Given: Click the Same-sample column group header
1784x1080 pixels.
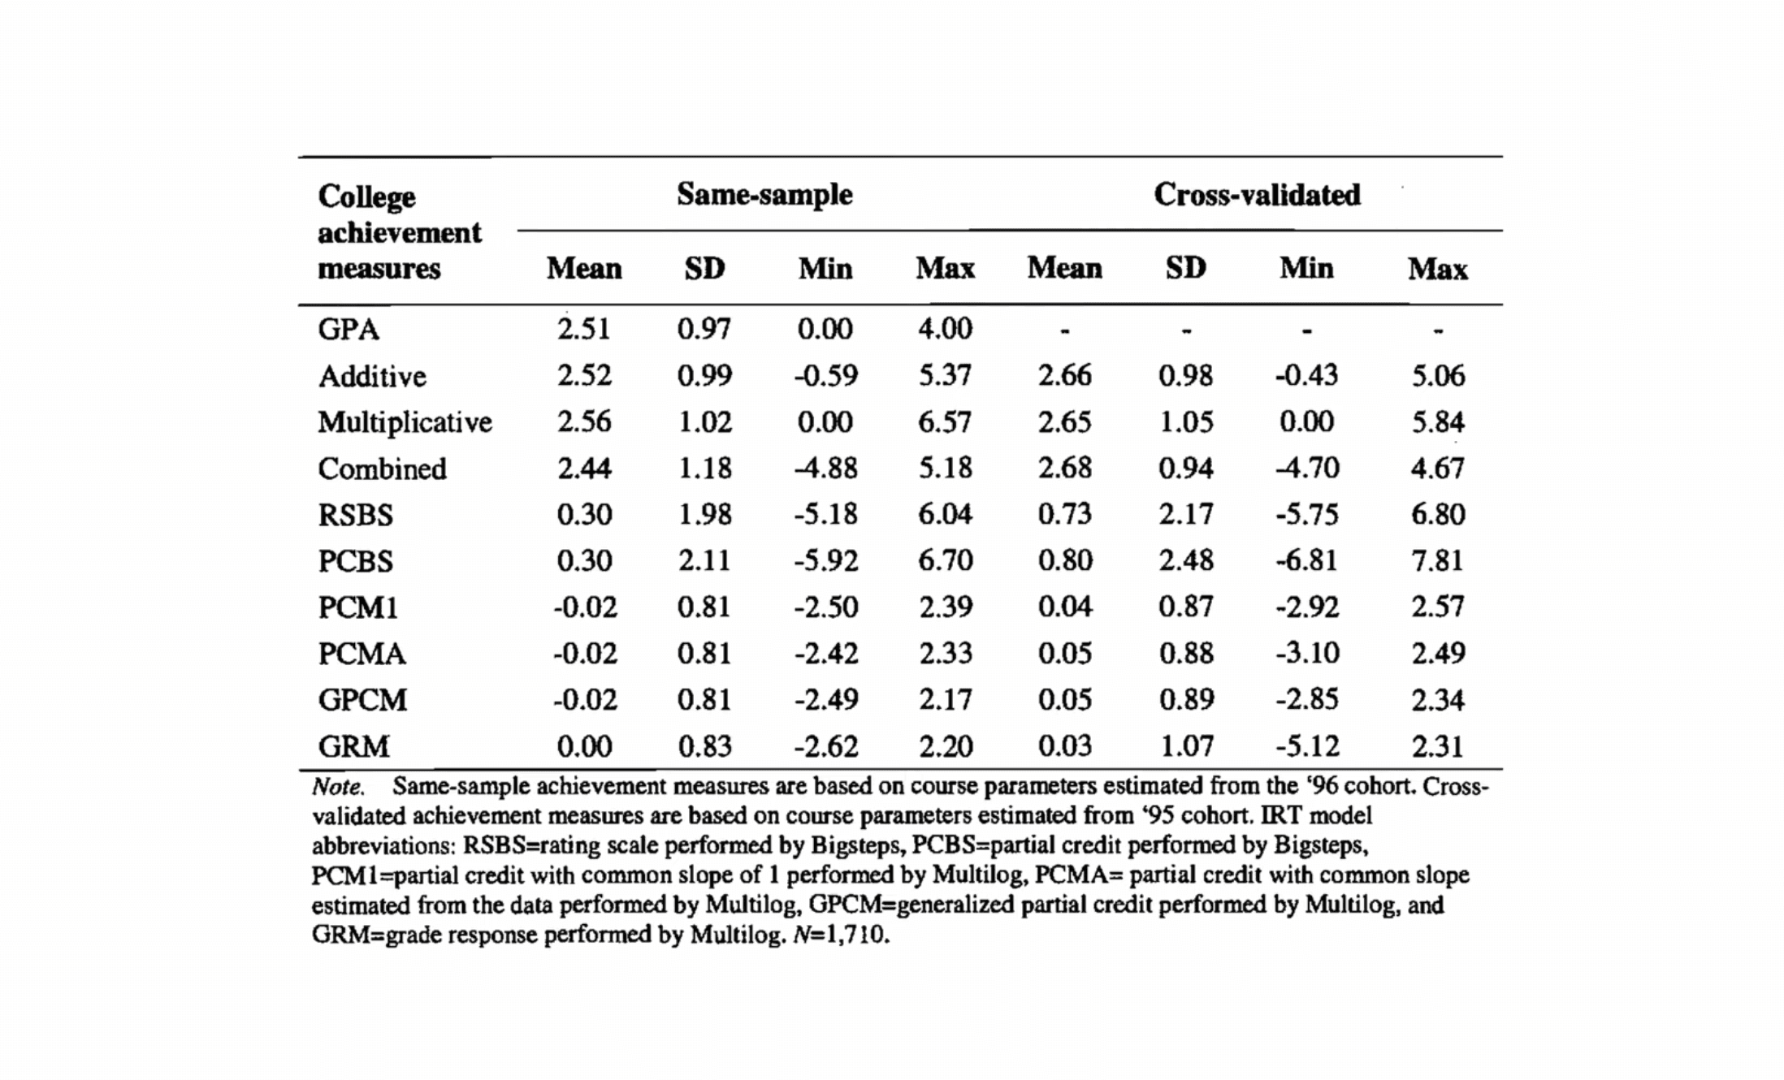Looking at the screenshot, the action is (764, 195).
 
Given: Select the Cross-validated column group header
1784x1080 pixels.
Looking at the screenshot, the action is (1257, 195).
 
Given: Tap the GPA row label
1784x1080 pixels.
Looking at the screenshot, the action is (349, 330).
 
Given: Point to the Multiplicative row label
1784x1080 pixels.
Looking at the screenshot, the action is (405, 422).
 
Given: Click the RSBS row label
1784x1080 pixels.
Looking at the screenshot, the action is (355, 515).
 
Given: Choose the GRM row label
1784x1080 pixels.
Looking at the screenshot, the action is (353, 746).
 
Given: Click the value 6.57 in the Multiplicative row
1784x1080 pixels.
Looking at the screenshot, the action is (945, 422).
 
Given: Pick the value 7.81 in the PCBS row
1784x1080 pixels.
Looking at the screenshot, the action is (1437, 560).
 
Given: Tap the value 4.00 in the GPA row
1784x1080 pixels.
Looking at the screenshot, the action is (945, 329).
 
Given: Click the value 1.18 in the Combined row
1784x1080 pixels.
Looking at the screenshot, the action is (704, 469).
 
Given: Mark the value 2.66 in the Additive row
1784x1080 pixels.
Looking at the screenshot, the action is (1064, 375).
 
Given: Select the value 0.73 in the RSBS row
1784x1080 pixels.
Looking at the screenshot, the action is (1064, 514).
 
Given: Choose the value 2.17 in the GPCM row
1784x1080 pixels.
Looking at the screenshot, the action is (945, 700).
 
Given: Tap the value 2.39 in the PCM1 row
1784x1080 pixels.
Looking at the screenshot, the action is (945, 607).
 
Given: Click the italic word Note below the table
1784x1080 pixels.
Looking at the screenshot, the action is (338, 787).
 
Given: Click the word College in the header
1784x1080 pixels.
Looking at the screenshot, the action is (366, 197).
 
